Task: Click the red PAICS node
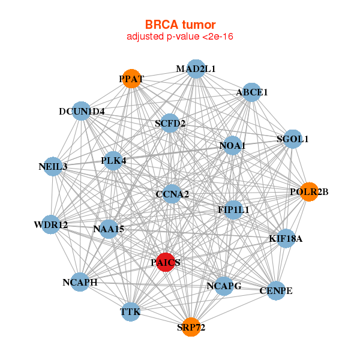[x=166, y=262]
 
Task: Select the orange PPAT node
[x=131, y=79]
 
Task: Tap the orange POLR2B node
[x=308, y=192]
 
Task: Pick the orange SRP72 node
[x=191, y=327]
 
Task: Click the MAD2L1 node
[x=196, y=69]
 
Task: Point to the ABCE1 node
[x=251, y=92]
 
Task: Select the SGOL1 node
[x=292, y=139]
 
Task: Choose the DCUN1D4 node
[x=82, y=112]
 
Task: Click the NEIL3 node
[x=54, y=166]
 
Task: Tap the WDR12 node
[x=51, y=225]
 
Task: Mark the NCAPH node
[x=80, y=282]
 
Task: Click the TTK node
[x=130, y=312]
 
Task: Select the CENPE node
[x=276, y=291]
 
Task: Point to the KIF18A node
[x=286, y=239]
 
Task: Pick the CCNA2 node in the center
[x=172, y=194]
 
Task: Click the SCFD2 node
[x=170, y=124]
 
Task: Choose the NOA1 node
[x=232, y=146]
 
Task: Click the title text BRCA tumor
[x=180, y=25]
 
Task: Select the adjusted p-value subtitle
[x=180, y=37]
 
